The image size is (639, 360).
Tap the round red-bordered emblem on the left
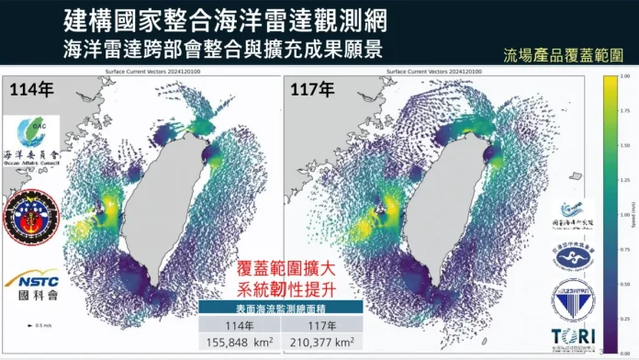[x=32, y=217]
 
